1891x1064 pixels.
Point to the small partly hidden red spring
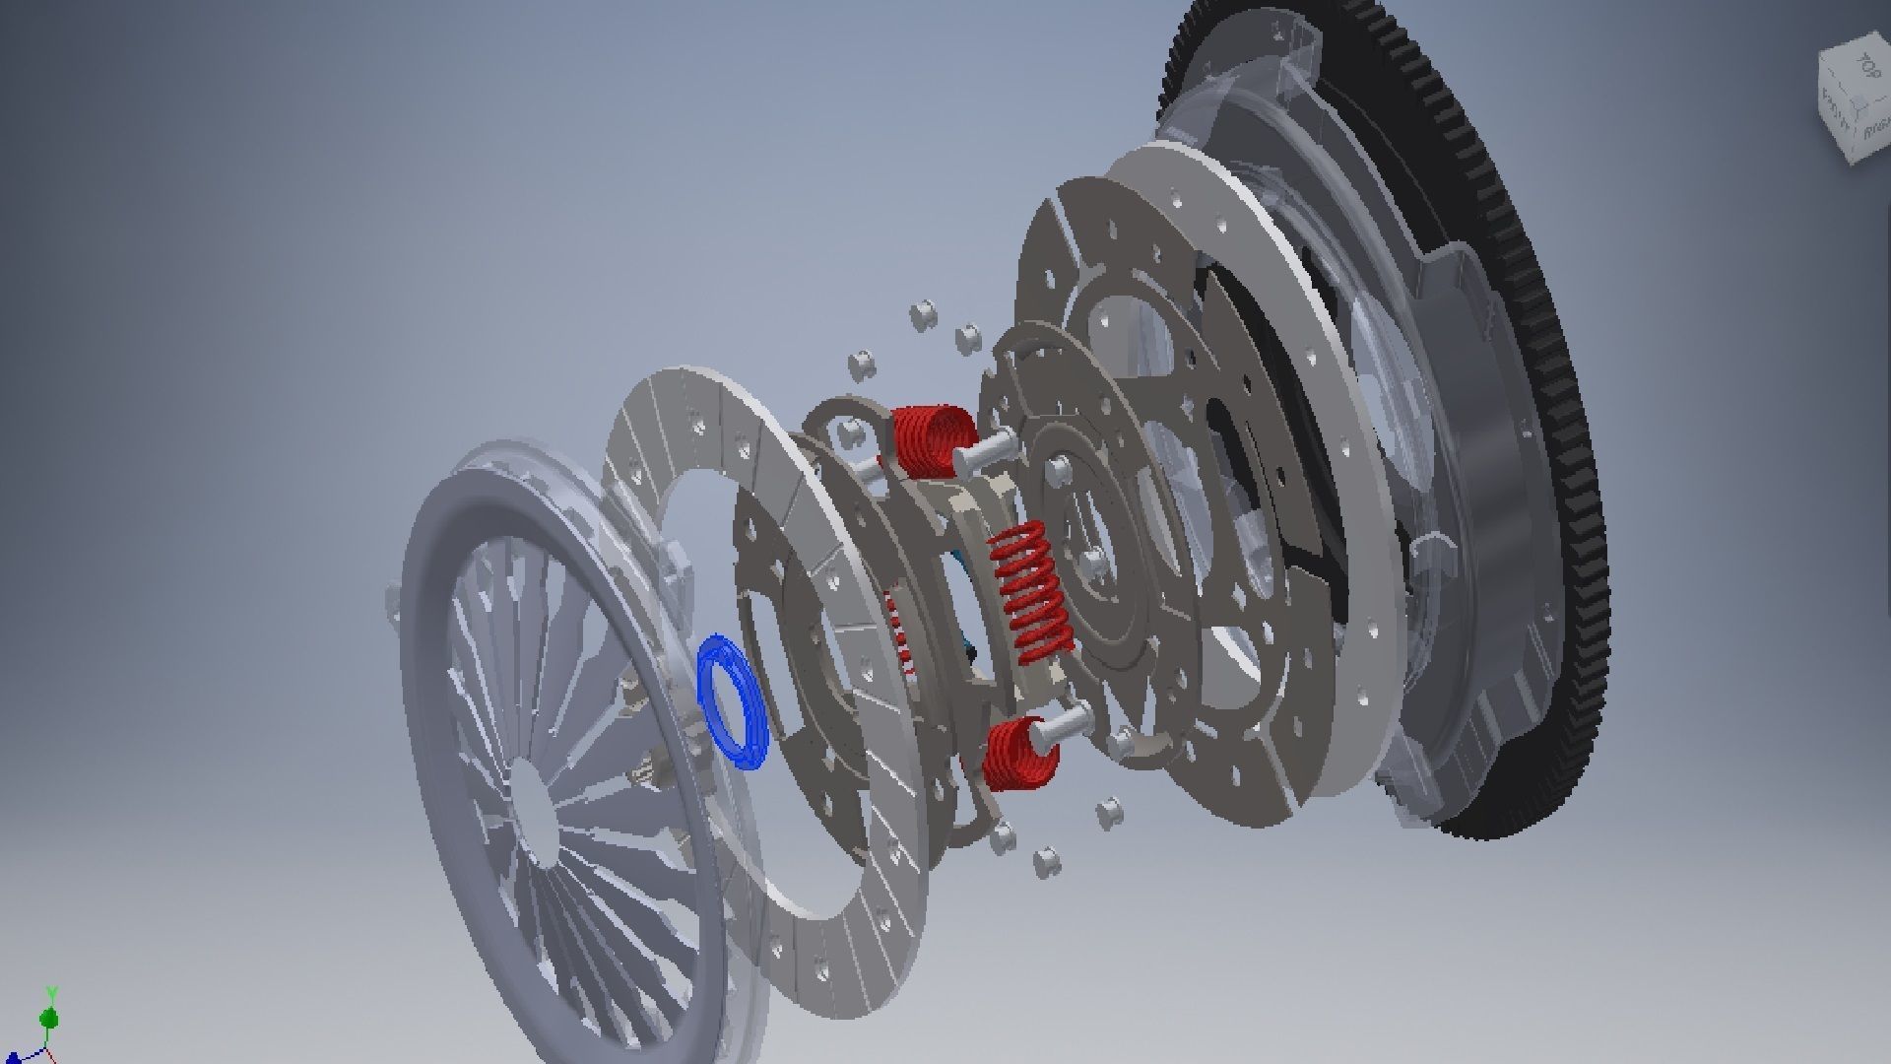coord(898,631)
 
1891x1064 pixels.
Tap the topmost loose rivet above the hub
coord(923,314)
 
